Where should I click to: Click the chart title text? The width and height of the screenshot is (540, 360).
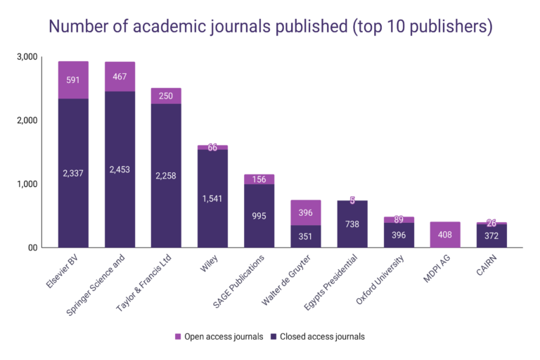(x=270, y=26)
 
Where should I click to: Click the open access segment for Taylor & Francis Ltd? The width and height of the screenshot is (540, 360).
(x=166, y=96)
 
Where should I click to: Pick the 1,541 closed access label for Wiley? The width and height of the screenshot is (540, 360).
(x=212, y=199)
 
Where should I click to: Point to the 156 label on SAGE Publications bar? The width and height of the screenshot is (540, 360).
(x=259, y=179)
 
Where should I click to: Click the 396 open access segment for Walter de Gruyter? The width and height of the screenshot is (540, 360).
(x=305, y=212)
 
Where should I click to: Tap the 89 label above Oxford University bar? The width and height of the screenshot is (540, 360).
(x=398, y=219)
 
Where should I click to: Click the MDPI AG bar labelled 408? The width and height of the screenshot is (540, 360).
(x=444, y=235)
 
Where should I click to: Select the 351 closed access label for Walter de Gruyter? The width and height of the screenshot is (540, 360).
(x=305, y=236)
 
